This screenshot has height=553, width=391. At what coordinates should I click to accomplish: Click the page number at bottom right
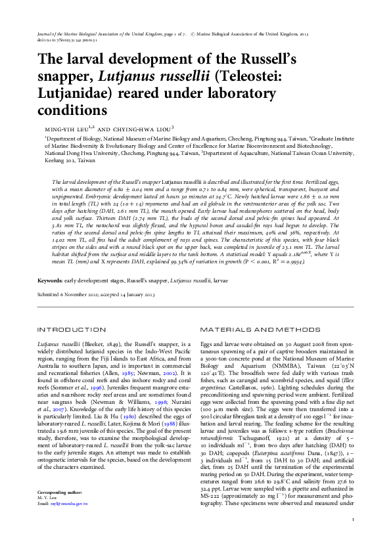pyautogui.click(x=353, y=537)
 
